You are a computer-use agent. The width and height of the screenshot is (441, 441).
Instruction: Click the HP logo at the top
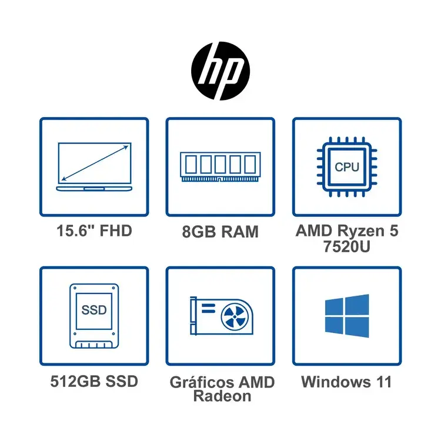coord(220,69)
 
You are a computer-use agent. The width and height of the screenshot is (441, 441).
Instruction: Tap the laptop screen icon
coord(94,166)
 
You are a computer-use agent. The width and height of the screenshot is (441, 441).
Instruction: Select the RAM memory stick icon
coord(220,166)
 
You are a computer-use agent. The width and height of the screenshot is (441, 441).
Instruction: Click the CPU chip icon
coord(347,166)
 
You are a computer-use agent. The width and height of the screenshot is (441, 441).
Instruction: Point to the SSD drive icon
coord(94,316)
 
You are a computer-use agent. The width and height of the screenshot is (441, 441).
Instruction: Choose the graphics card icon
coord(220,316)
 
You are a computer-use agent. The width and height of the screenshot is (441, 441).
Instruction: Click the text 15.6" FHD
coord(94,230)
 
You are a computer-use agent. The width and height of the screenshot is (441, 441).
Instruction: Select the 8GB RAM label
coord(220,232)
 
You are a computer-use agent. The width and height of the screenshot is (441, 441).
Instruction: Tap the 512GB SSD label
coord(94,381)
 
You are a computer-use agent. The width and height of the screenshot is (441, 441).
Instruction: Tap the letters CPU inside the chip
coord(347,166)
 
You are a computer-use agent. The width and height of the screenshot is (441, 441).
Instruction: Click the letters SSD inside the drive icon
coord(94,310)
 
